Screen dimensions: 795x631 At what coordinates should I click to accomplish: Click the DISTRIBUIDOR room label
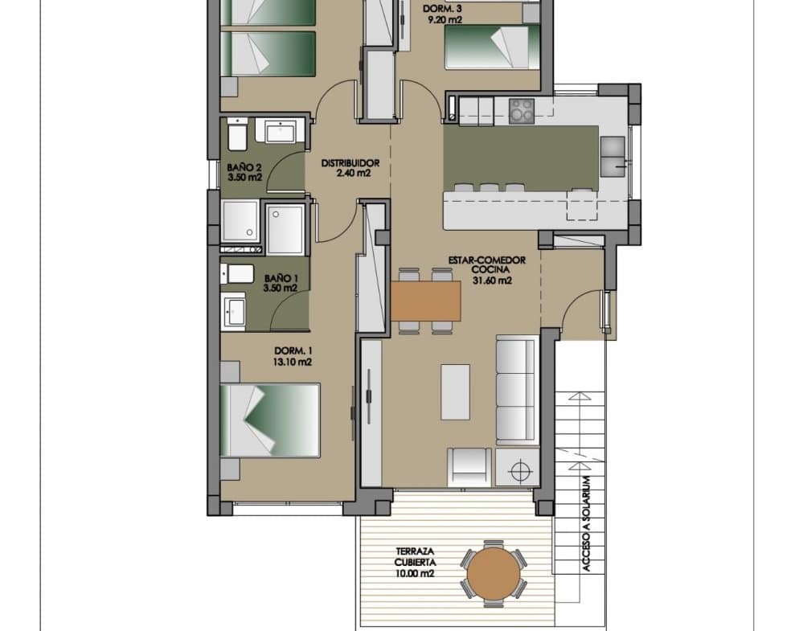coord(350,163)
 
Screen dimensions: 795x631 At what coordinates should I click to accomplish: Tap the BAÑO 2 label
coord(244,167)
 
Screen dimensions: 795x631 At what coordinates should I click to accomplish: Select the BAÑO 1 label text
coord(281,278)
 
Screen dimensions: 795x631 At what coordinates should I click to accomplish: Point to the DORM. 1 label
coord(293,350)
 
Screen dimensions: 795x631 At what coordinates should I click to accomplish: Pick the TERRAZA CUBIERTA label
coord(416,556)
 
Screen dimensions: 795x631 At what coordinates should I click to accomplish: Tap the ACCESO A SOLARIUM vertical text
coord(587,524)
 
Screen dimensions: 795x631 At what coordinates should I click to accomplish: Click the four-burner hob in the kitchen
coord(522,110)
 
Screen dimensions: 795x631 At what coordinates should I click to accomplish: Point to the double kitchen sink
coord(613,156)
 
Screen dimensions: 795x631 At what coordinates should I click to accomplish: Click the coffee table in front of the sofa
coord(455,391)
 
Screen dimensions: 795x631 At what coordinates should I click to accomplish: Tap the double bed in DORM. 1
coord(271,420)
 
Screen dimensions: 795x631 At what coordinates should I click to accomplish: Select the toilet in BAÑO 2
coord(237,134)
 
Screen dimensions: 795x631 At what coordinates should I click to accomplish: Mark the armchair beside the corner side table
coord(469,467)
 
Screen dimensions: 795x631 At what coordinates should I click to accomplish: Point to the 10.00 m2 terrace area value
coord(415,574)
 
